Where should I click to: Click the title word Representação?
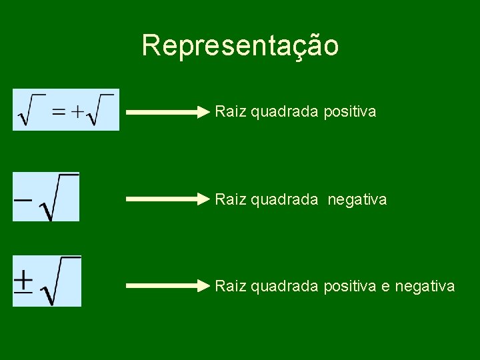click(x=240, y=46)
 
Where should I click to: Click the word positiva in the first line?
click(x=349, y=111)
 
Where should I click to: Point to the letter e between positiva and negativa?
click(x=385, y=287)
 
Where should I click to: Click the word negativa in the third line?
click(x=425, y=286)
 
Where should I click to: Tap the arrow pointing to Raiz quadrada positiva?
click(x=167, y=113)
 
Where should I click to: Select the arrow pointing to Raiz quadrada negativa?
click(x=167, y=199)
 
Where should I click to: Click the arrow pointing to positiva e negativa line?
click(x=167, y=286)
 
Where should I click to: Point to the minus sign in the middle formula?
click(x=23, y=199)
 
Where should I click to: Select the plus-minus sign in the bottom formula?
click(x=24, y=281)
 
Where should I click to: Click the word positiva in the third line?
click(x=349, y=286)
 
